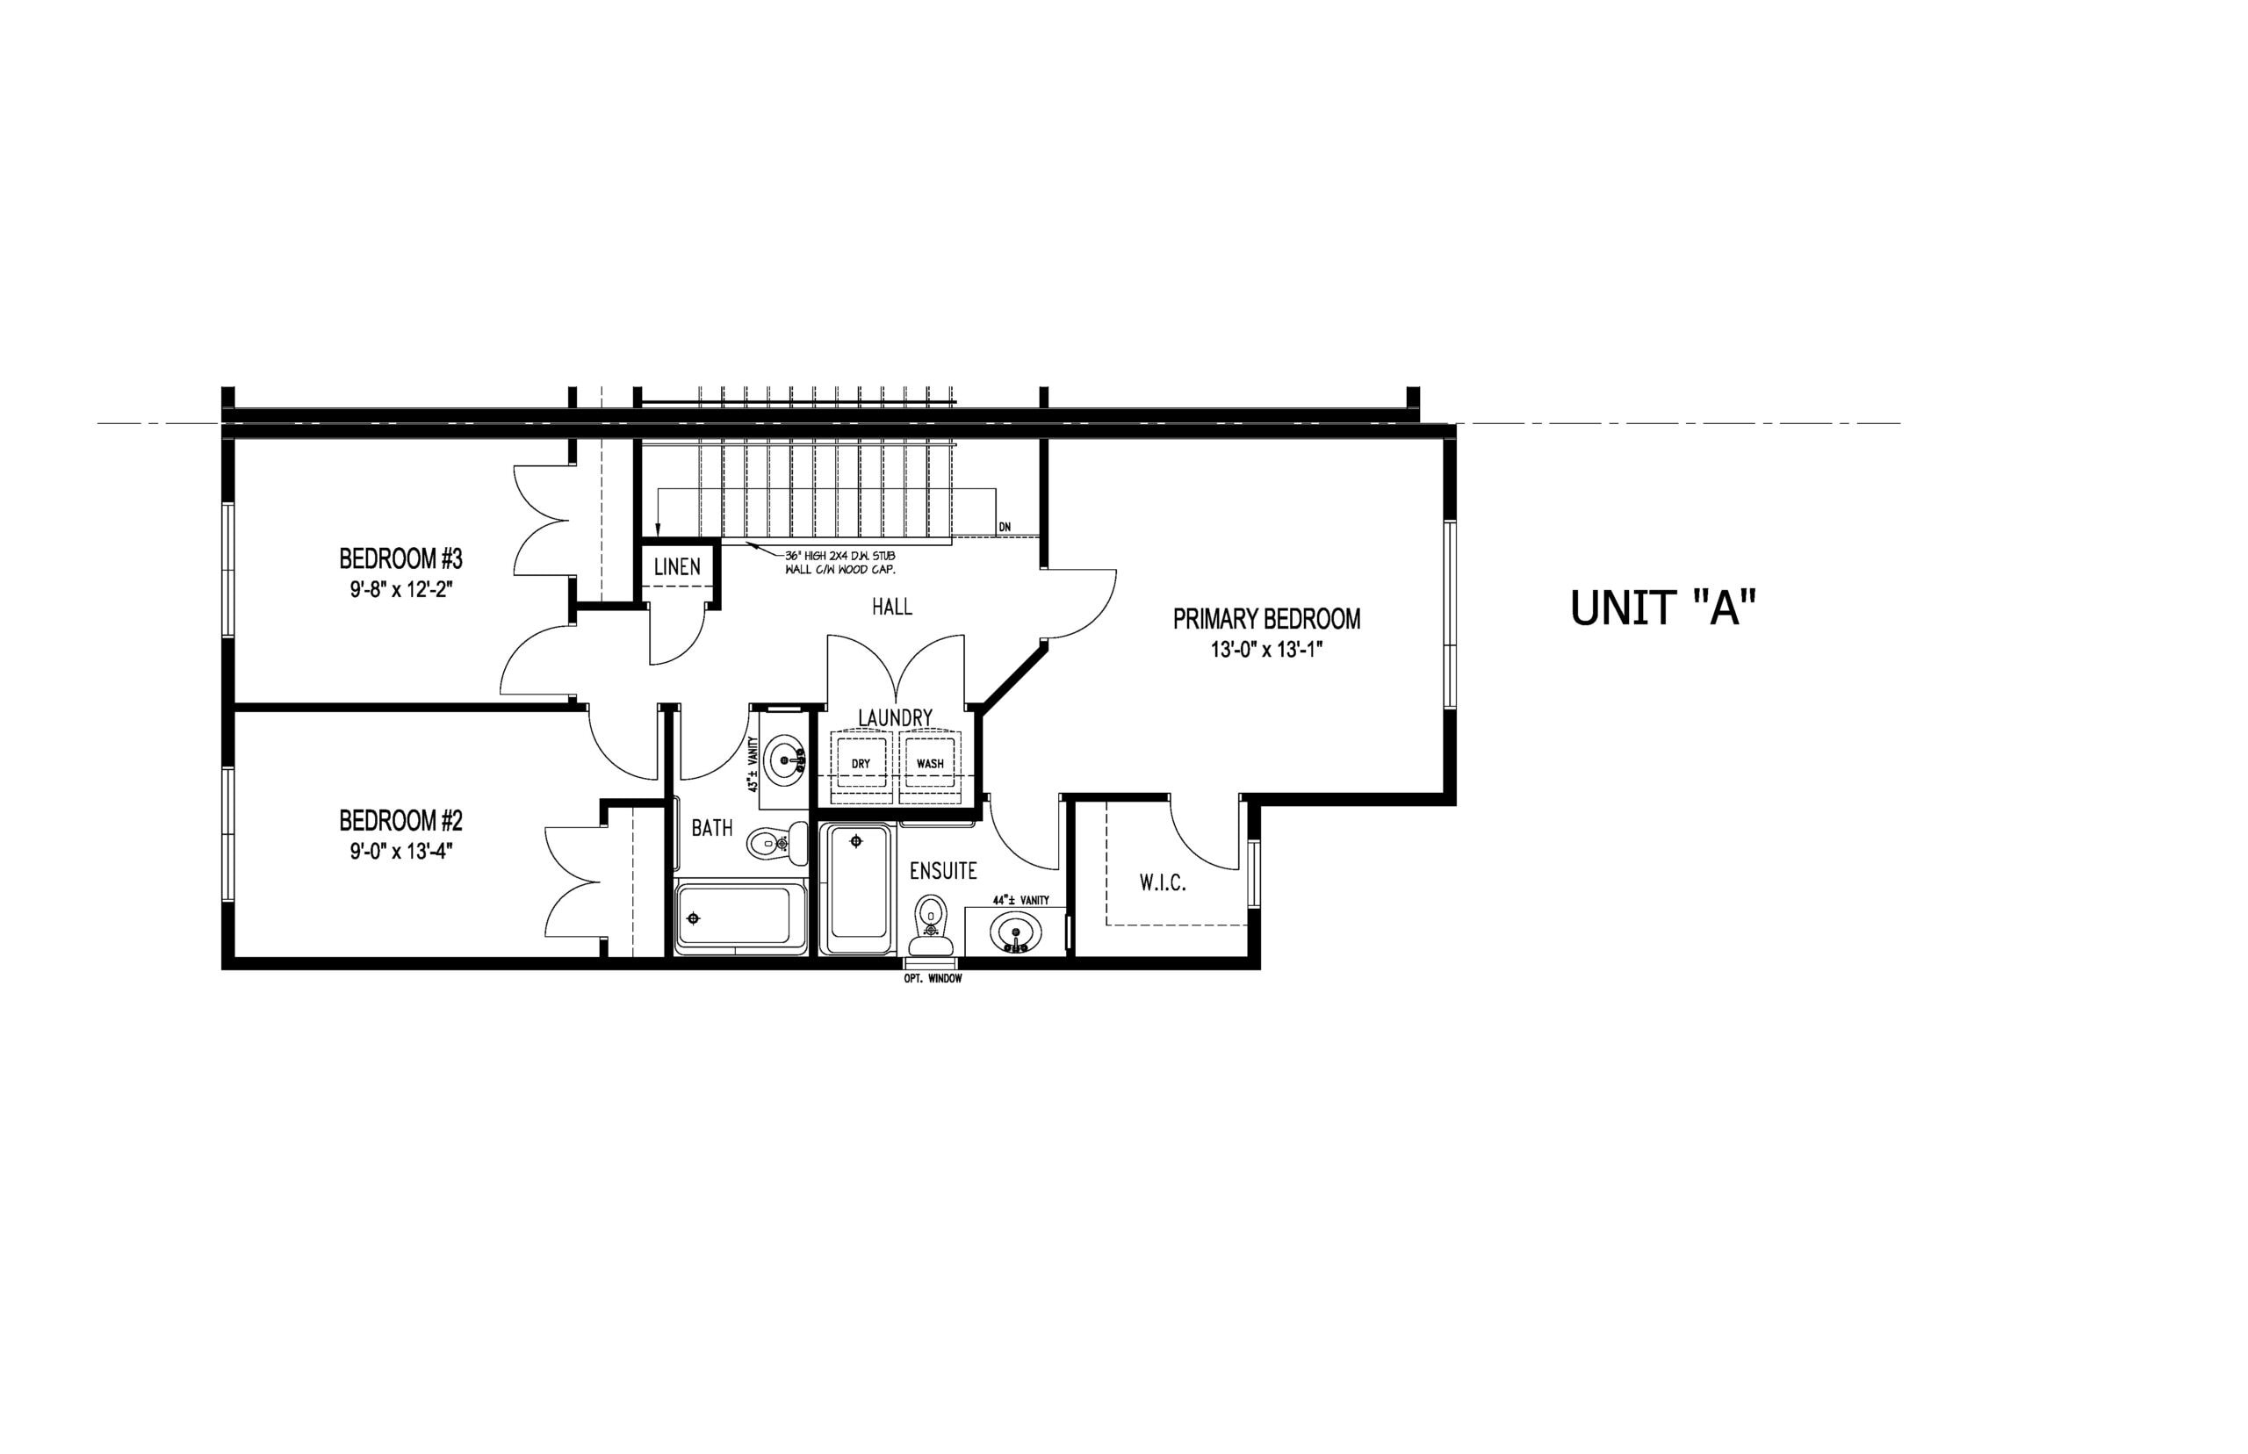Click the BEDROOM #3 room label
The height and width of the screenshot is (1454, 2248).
[x=400, y=558]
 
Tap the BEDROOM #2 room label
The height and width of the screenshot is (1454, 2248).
[x=400, y=819]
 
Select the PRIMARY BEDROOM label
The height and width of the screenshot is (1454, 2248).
[x=1266, y=619]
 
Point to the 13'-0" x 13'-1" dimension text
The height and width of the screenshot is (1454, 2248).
[x=1266, y=650]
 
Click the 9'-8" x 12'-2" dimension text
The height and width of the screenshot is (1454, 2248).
[x=400, y=590]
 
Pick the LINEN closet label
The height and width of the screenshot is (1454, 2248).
[x=677, y=566]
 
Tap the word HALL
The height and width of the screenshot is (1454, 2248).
[x=891, y=607]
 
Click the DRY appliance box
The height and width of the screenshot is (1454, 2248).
[x=861, y=763]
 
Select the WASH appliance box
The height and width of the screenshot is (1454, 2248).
[x=930, y=763]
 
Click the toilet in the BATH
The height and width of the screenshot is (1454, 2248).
[x=778, y=842]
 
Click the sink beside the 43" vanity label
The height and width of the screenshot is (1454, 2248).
[x=784, y=758]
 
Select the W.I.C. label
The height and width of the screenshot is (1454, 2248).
[x=1163, y=884]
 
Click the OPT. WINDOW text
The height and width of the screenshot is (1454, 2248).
[x=933, y=979]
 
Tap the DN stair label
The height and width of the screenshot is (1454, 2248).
[x=1004, y=527]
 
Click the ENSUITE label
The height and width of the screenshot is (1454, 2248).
[x=943, y=870]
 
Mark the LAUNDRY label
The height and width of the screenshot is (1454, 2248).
[x=895, y=717]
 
